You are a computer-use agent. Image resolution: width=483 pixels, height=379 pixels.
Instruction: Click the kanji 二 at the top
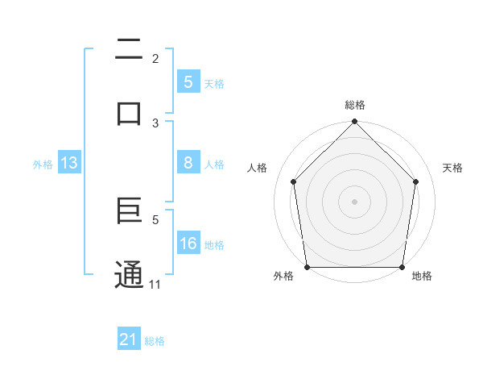pyautogui.click(x=129, y=50)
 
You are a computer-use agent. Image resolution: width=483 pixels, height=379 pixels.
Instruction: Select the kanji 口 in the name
pyautogui.click(x=129, y=114)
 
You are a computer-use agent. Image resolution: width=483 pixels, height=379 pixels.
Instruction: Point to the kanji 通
pyautogui.click(x=129, y=274)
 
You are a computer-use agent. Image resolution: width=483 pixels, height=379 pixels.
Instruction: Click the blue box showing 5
pyautogui.click(x=188, y=81)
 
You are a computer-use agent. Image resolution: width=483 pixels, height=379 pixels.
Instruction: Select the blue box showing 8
pyautogui.click(x=188, y=163)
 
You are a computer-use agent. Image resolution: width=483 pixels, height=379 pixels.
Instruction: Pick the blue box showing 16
pyautogui.click(x=188, y=244)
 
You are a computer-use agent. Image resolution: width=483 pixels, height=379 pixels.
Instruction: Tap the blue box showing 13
pyautogui.click(x=68, y=163)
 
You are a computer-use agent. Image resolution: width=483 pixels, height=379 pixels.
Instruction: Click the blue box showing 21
pyautogui.click(x=129, y=339)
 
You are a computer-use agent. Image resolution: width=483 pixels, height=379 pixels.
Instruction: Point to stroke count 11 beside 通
pyautogui.click(x=155, y=284)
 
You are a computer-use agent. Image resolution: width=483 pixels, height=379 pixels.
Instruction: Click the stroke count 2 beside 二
pyautogui.click(x=155, y=58)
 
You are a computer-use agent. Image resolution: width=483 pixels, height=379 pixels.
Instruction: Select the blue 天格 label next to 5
pyautogui.click(x=214, y=83)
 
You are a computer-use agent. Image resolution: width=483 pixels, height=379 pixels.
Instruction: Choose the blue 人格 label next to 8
pyautogui.click(x=214, y=165)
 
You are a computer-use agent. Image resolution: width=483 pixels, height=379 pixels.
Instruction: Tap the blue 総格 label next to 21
pyautogui.click(x=155, y=341)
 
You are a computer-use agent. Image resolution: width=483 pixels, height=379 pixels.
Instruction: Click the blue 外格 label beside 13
pyautogui.click(x=43, y=165)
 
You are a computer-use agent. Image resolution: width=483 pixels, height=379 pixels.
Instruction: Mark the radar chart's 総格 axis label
pyautogui.click(x=354, y=105)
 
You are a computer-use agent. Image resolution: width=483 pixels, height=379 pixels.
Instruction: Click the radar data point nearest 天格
pyautogui.click(x=416, y=181)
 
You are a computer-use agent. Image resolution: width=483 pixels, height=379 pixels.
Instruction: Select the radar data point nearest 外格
pyautogui.click(x=307, y=267)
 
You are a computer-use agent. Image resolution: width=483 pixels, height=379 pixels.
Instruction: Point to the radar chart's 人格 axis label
pyautogui.click(x=258, y=168)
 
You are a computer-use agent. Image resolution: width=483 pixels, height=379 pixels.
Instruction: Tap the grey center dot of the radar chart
pyautogui.click(x=354, y=201)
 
